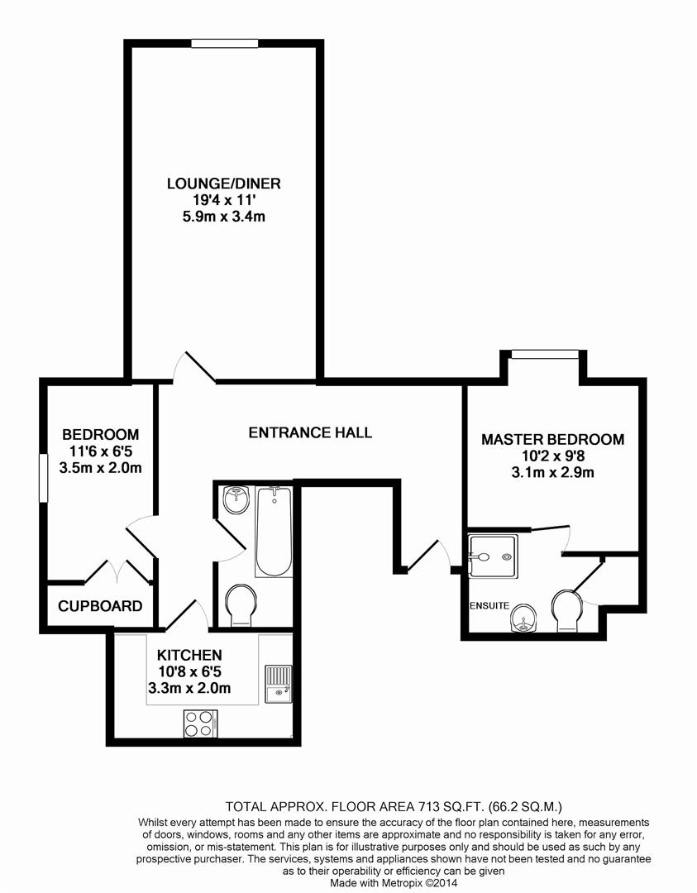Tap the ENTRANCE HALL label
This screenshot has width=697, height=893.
click(x=310, y=432)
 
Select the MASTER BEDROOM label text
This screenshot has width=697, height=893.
click(x=552, y=440)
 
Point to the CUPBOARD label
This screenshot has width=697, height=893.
click(x=100, y=606)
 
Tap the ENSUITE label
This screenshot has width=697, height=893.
click(x=489, y=606)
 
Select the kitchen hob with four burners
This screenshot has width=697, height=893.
click(x=200, y=724)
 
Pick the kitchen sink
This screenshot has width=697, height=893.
click(x=279, y=682)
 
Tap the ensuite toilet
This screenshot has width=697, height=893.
click(x=566, y=610)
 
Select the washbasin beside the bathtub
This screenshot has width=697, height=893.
click(x=237, y=499)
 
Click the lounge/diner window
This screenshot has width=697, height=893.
click(x=223, y=44)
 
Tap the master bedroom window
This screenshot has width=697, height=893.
click(x=544, y=356)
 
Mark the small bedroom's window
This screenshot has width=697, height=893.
click(x=43, y=477)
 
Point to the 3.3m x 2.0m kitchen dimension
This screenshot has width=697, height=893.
click(x=189, y=688)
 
